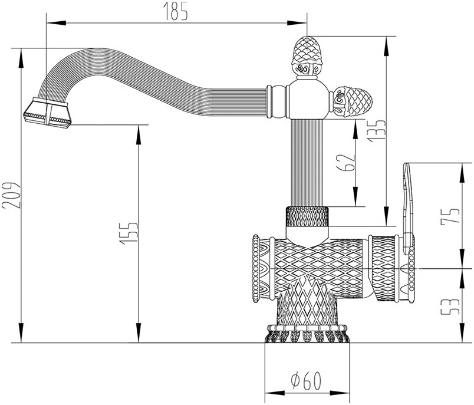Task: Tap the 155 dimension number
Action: [x=131, y=232]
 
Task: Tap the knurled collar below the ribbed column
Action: [x=307, y=217]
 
